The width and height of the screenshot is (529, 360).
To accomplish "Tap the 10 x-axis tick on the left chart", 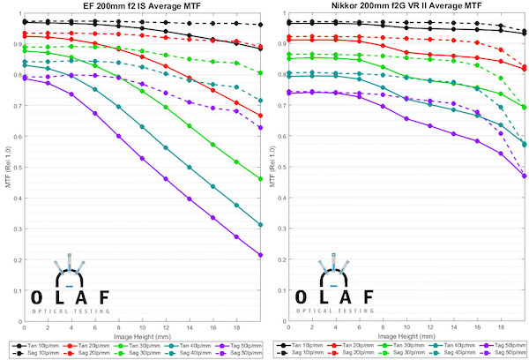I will (142, 328).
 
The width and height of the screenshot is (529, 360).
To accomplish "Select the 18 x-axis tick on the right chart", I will (501, 328).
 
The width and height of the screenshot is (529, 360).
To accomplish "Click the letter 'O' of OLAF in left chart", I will (38, 296).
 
